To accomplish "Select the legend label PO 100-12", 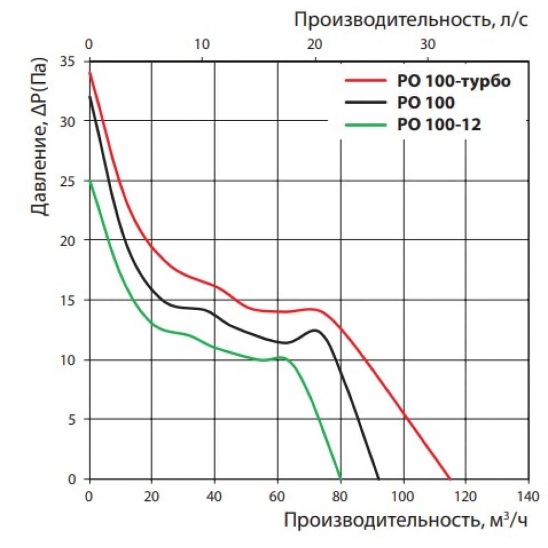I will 438,125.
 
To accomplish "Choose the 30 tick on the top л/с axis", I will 428,44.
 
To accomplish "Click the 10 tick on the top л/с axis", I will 202,44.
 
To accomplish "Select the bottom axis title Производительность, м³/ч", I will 406,520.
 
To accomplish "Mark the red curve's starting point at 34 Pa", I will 90,73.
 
